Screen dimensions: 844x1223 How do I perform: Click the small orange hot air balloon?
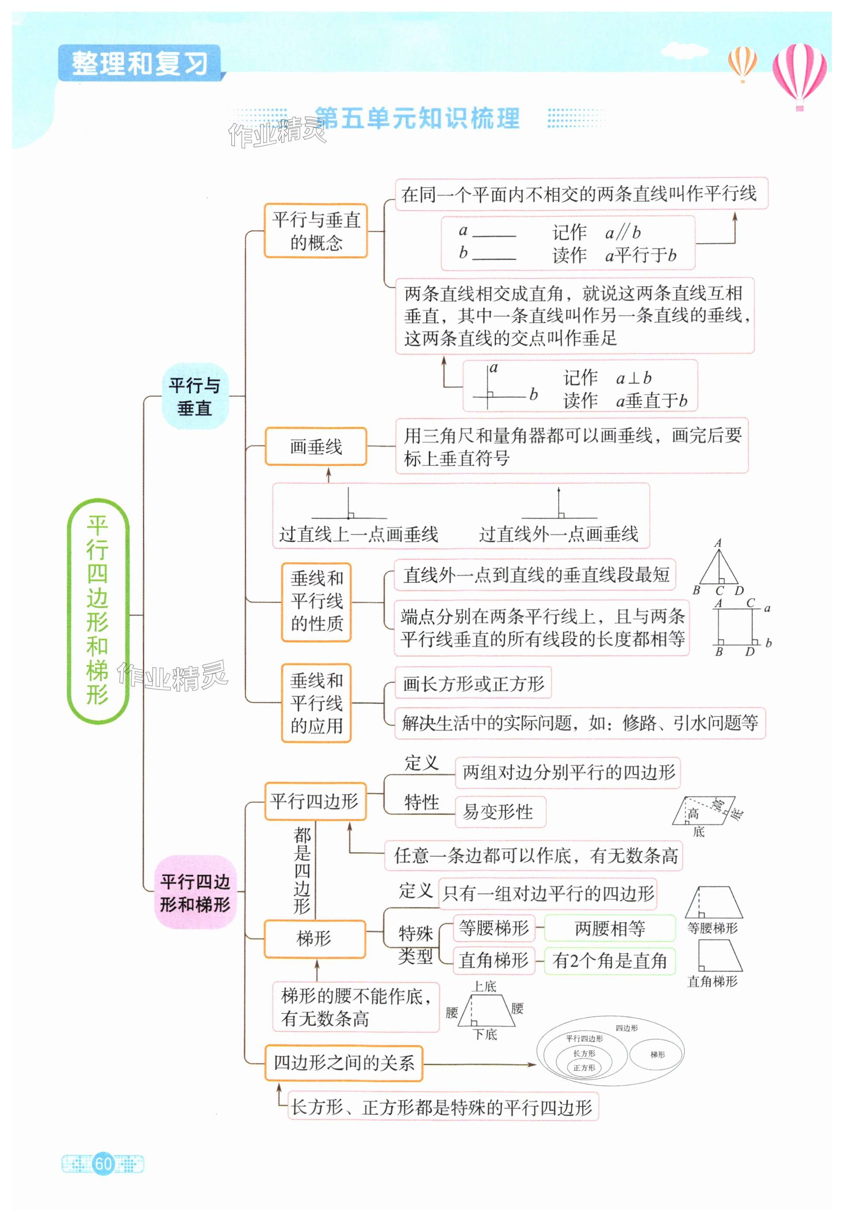coord(743,62)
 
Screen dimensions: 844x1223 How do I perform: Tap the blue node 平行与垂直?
coord(195,396)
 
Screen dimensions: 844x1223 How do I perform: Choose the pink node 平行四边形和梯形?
coord(195,892)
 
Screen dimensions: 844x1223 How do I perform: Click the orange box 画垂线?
coord(316,447)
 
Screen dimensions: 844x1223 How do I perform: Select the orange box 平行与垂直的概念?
coord(316,231)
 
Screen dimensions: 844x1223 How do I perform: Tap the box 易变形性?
coord(499,812)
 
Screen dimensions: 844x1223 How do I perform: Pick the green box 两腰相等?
coord(609,928)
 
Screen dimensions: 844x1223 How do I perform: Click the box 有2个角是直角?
coord(609,960)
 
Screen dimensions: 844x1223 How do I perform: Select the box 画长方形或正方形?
coord(473,683)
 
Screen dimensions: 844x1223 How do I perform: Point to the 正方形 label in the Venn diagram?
coord(584,1067)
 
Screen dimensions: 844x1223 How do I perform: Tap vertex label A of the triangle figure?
coord(718,543)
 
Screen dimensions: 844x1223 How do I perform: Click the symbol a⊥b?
coord(633,378)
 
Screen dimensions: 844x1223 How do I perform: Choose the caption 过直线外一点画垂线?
coord(559,534)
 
